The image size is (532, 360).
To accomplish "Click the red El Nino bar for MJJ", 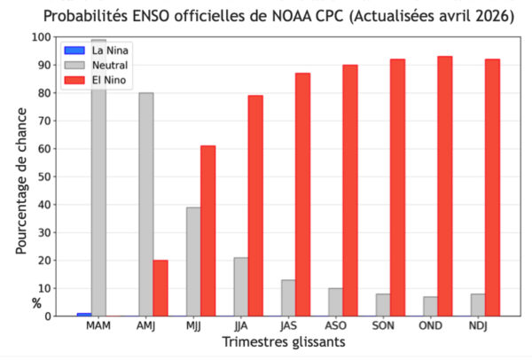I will pyautogui.click(x=207, y=231).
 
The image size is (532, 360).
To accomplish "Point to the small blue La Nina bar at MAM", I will pyautogui.click(x=83, y=314).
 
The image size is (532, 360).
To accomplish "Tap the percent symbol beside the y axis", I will pyautogui.click(x=37, y=302).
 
